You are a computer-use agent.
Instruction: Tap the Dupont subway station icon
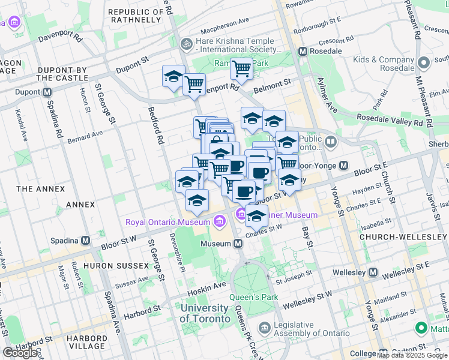[46, 93]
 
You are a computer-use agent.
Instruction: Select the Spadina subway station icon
[86, 240]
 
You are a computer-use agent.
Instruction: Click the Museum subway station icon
[238, 244]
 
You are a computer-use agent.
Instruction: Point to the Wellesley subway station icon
[373, 273]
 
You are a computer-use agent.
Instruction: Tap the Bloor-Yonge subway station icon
[344, 165]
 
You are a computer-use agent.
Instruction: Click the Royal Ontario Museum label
[167, 222]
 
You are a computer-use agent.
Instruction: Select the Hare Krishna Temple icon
[187, 44]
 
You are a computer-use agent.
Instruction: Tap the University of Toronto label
[204, 313]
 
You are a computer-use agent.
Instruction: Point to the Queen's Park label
[252, 297]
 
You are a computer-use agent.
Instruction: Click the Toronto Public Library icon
[331, 142]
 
